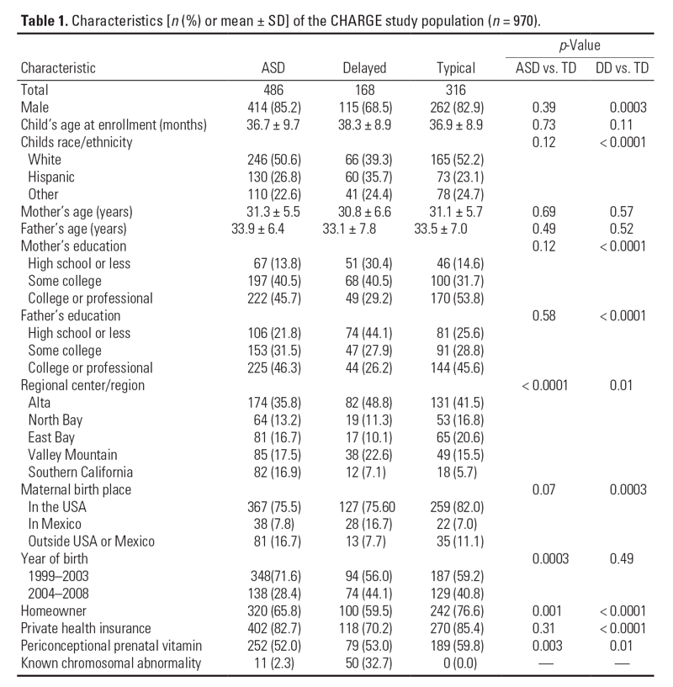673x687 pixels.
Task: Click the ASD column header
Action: (x=274, y=68)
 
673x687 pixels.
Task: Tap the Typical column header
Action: (x=456, y=68)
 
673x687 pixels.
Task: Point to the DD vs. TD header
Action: (x=625, y=68)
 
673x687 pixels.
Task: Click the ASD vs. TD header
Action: (x=543, y=68)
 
